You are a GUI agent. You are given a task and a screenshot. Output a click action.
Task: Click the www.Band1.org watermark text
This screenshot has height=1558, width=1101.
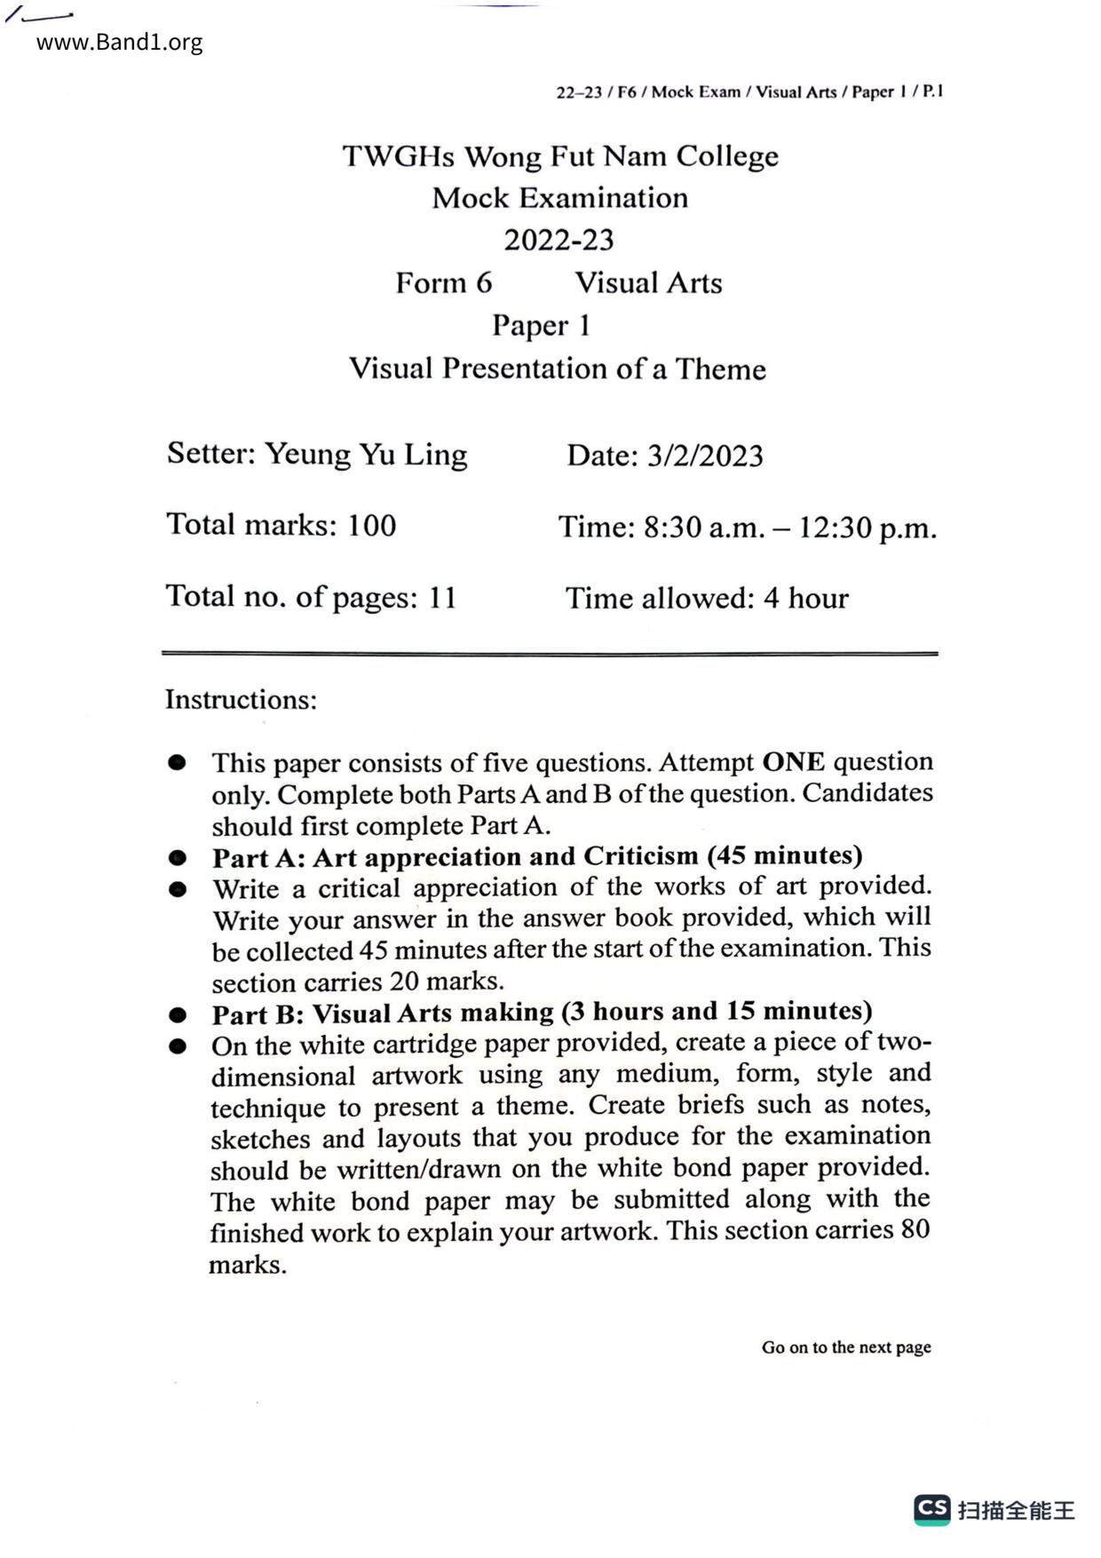pos(119,43)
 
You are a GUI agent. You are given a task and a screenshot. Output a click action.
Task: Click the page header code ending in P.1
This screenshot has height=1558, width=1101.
pos(749,91)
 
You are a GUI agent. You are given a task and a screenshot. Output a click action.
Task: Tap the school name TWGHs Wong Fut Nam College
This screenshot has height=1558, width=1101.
pos(560,156)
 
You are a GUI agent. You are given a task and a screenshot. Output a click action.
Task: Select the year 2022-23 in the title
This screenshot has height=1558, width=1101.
pos(558,240)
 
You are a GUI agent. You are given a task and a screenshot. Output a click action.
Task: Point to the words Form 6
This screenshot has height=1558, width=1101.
pos(443,282)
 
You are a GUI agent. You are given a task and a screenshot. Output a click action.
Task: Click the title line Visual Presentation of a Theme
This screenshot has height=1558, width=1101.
pos(557,369)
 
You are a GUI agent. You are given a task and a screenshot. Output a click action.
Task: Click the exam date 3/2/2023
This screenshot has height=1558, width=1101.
pos(705,456)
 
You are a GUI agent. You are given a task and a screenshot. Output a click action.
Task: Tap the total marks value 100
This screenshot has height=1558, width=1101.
pos(371,525)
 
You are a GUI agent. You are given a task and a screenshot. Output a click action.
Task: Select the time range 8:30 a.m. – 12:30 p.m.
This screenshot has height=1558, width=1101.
pos(789,528)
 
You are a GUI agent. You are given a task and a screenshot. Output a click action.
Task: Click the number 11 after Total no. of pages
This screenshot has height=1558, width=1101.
pos(442,597)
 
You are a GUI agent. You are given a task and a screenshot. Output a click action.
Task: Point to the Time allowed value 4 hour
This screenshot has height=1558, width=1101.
pos(805,598)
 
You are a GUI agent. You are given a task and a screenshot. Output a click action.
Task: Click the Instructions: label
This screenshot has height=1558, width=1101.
pos(241,700)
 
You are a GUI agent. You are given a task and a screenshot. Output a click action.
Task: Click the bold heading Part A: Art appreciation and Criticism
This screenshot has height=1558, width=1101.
pos(537,856)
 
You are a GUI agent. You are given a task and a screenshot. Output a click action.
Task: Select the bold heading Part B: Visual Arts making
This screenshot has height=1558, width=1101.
pos(542,1013)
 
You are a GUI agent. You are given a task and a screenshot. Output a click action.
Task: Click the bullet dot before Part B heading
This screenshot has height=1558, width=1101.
pos(178,1014)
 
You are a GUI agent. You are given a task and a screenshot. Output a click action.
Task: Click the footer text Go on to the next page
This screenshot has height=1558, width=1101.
pos(845,1347)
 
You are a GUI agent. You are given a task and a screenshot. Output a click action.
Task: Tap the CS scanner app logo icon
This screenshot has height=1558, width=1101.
pos(932,1508)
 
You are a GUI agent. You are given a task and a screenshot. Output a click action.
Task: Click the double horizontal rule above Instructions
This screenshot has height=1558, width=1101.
pos(549,654)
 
